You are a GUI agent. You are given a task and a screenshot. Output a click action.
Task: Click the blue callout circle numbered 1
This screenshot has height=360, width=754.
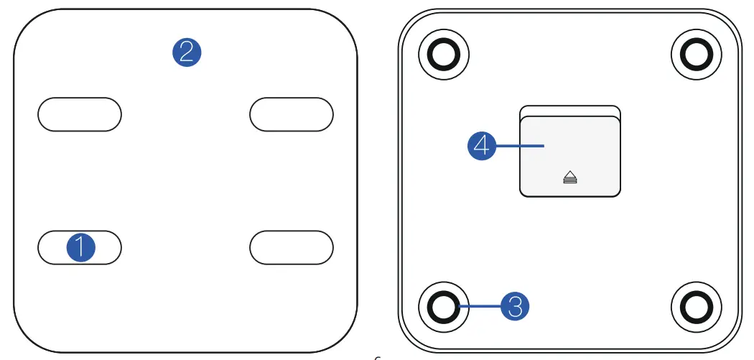tap(80, 248)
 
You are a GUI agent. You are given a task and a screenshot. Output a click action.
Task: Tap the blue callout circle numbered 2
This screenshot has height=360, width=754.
tap(187, 52)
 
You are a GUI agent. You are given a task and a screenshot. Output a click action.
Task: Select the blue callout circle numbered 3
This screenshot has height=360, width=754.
tap(514, 307)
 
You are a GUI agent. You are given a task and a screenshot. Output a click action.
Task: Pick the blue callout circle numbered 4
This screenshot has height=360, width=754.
tap(482, 146)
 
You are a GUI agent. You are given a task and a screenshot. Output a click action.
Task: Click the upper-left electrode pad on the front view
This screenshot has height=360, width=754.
tap(79, 114)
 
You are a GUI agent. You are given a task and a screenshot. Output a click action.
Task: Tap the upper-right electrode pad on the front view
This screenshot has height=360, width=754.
tap(291, 114)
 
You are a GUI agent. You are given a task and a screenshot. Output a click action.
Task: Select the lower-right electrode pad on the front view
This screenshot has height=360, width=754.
tap(291, 248)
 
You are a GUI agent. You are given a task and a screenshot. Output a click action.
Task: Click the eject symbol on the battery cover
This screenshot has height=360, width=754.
tap(571, 177)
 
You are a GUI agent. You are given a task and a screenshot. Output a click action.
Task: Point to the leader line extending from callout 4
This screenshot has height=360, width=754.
tap(521, 146)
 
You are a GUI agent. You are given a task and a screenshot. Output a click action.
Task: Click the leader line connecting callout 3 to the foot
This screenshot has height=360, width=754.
tap(480, 307)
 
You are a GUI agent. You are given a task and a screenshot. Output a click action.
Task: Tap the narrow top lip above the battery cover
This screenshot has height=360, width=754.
tap(570, 110)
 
